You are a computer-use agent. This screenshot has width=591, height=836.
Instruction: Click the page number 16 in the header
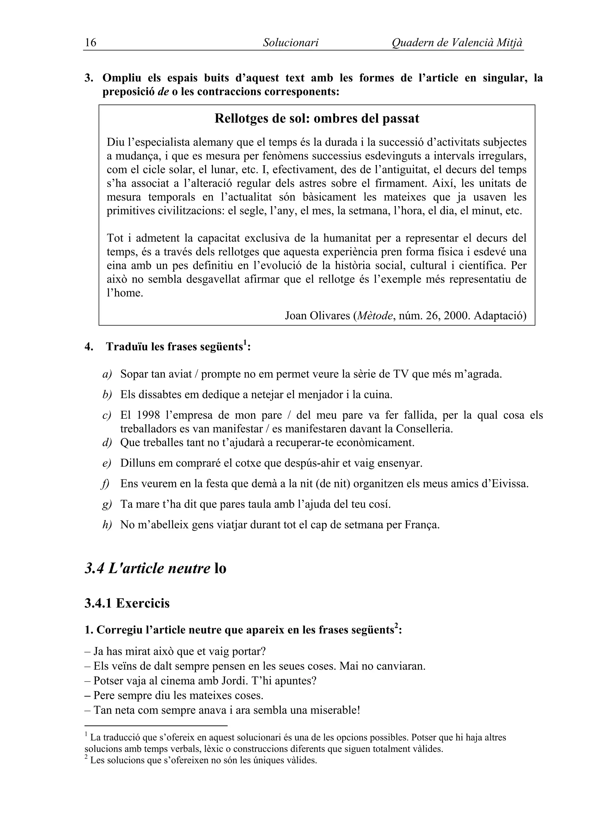point(90,43)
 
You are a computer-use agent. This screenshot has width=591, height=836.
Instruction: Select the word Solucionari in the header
point(290,43)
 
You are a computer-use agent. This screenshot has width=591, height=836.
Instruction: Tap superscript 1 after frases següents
point(245,342)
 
